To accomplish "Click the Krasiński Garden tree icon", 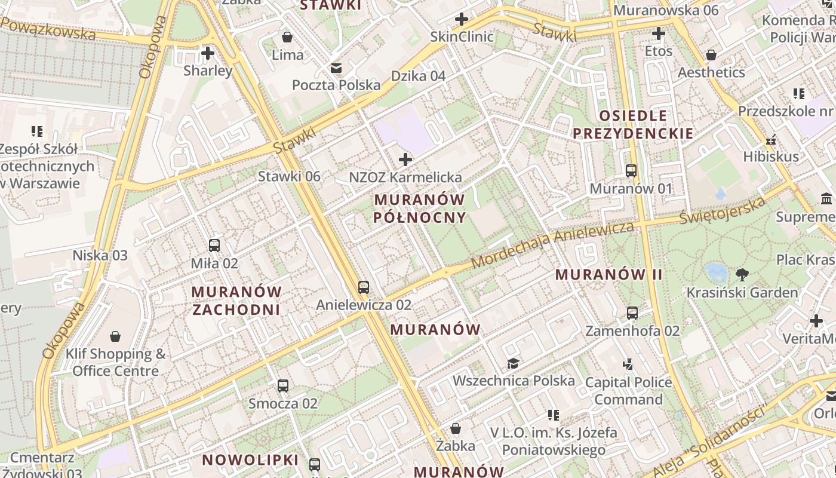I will point(742,275).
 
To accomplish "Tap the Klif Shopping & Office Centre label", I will point(116,362).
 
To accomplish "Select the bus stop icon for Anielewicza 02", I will point(364,287).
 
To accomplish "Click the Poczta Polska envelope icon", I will point(336,68).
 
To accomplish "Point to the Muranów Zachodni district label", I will point(236,301).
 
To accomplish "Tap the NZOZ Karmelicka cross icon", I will point(405,160).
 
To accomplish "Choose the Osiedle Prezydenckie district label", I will point(633,124).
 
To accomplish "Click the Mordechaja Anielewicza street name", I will point(552,245).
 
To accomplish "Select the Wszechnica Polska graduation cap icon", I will point(513,363).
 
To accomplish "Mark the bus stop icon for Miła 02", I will point(214,246).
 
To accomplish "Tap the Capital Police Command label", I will point(629,391).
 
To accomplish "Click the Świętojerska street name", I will point(723,212).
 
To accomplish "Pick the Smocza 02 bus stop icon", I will point(283,386).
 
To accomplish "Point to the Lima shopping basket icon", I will point(287,37).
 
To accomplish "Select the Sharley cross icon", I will point(208,53).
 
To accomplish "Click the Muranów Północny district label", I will point(419,208).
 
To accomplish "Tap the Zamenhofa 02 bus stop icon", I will point(632,313).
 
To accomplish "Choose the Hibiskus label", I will point(771,157).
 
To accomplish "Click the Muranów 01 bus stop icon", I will point(631,171).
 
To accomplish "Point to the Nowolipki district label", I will point(250,460).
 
